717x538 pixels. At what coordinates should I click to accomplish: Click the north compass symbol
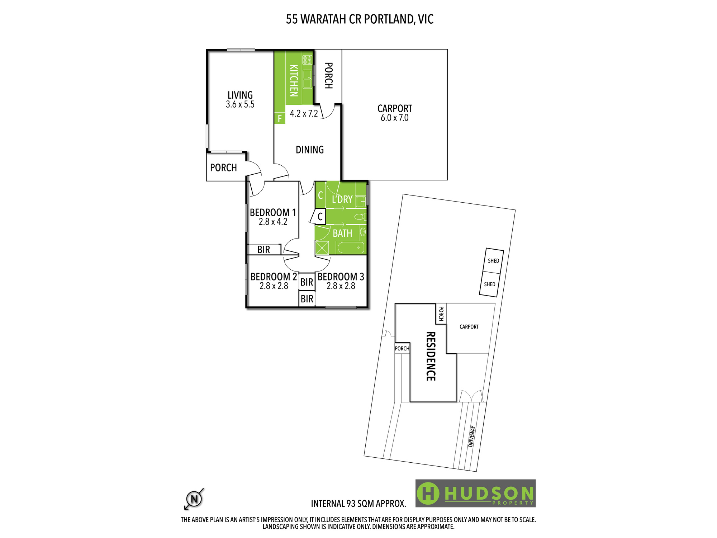click(194, 499)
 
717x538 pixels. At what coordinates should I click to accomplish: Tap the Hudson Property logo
click(475, 493)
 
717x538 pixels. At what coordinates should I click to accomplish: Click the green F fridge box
click(280, 118)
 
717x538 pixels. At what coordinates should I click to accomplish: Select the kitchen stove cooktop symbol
click(307, 60)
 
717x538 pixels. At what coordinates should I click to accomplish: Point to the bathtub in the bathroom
click(351, 247)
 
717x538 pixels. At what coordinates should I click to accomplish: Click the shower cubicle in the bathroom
click(322, 248)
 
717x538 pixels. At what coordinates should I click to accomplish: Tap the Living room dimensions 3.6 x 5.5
click(240, 104)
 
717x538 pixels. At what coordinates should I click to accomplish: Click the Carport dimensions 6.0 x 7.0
click(394, 118)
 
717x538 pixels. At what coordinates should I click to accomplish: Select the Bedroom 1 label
click(273, 212)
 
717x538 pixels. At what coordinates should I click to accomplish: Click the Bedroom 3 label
click(341, 277)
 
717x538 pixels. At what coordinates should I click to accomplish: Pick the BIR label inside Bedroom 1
click(263, 250)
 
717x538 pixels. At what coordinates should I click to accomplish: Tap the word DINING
click(310, 150)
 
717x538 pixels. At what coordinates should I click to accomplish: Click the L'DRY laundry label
click(342, 199)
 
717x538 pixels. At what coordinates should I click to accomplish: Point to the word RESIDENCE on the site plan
click(431, 356)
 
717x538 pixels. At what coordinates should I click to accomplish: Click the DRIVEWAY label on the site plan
click(472, 436)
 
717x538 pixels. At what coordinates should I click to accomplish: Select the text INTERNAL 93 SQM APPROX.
click(358, 504)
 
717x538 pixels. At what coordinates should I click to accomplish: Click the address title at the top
click(360, 19)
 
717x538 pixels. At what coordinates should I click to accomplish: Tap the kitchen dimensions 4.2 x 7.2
click(304, 114)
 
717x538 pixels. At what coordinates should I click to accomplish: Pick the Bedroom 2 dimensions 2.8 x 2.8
click(274, 286)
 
